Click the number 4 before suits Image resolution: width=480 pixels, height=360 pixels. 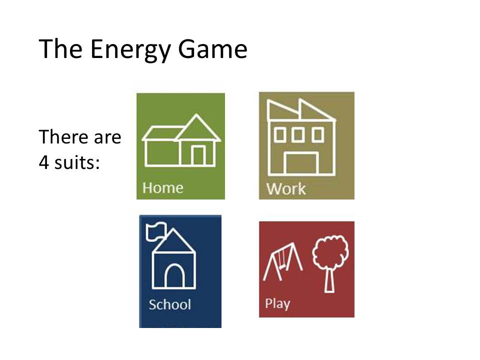[x=44, y=163]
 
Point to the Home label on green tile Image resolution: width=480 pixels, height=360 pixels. [x=162, y=188]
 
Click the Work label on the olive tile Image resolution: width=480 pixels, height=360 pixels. [x=285, y=189]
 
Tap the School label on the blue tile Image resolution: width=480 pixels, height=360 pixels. [x=169, y=304]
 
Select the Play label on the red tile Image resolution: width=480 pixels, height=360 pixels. [x=277, y=303]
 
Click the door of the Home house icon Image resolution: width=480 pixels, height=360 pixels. [x=198, y=155]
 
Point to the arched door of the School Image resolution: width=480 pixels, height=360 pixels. [x=175, y=275]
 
